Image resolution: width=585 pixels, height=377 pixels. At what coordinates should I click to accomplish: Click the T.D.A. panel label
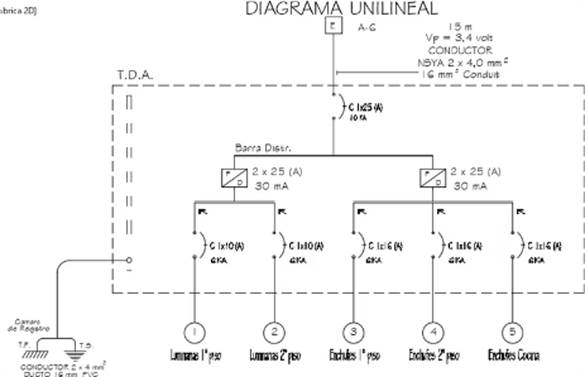click(x=136, y=75)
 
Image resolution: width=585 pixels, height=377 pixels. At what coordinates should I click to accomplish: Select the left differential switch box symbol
click(x=233, y=178)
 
